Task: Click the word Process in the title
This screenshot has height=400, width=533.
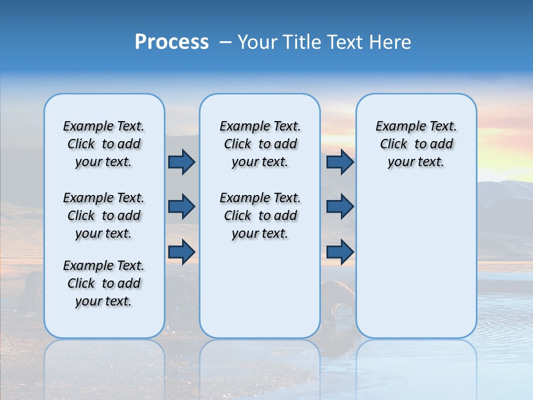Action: point(172,42)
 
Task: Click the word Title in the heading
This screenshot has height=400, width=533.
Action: point(300,42)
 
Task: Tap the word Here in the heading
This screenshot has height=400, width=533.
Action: point(389,42)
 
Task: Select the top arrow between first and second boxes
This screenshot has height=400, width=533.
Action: point(182,162)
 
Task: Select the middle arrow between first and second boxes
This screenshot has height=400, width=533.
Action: point(182,207)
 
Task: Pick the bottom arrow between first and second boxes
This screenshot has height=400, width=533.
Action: point(182,252)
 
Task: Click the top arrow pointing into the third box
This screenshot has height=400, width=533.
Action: point(340,162)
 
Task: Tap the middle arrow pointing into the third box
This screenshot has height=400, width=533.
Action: point(340,207)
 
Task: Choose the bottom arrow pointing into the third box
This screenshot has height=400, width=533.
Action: point(340,252)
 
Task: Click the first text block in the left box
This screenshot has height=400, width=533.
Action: point(104,144)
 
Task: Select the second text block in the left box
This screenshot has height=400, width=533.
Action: point(104,216)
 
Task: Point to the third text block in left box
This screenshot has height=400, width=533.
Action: point(104,283)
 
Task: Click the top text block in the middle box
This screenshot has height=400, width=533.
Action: point(260,144)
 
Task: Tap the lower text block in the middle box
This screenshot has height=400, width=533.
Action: point(260,216)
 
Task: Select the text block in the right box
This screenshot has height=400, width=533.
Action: point(416,144)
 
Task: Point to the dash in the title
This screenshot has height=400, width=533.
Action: point(225,42)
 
